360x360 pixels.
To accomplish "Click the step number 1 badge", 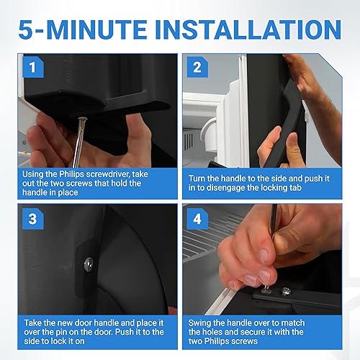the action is point(33,67).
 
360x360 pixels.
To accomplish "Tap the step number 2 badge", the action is point(197,67).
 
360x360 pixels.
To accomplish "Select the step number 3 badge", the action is point(33,219).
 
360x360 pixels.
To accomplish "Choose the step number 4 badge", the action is point(197,219).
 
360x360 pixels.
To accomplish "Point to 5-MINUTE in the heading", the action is point(83,30).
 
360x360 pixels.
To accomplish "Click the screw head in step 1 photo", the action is point(82,120).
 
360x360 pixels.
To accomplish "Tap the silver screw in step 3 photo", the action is point(89,263).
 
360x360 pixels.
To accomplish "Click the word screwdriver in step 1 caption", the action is point(108,174).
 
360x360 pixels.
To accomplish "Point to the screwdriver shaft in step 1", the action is point(78,144).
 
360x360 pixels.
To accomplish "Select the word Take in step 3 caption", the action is point(32,323).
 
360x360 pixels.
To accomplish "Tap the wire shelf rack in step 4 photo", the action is point(207,238).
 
